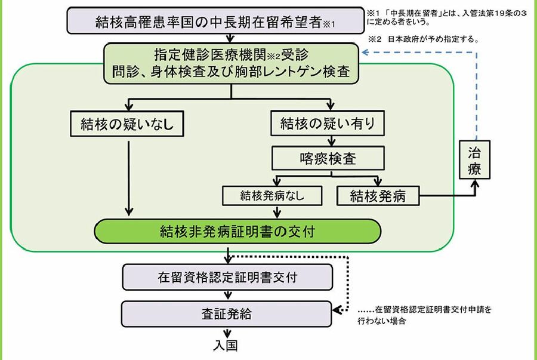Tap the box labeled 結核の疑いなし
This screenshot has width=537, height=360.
pos(126,124)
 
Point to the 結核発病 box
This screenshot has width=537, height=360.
pos(378,195)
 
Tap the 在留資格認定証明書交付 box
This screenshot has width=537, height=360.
pos(227,278)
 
